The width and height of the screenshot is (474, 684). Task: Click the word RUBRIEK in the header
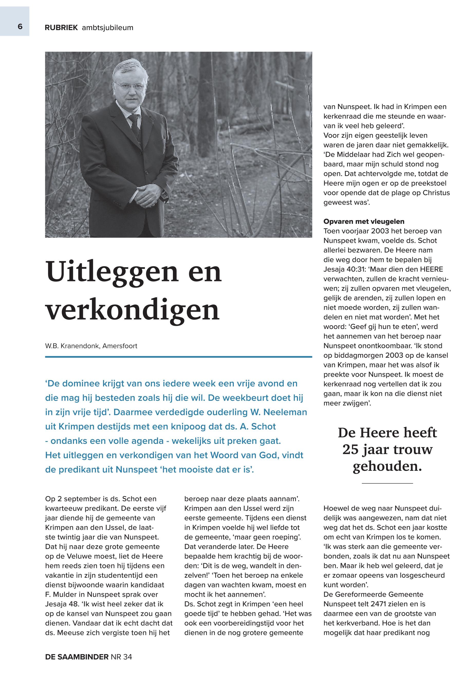61,28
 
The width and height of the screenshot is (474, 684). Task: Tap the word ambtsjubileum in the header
107,28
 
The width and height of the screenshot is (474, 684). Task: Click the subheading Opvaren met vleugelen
364,221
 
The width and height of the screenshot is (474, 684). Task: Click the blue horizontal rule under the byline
179,356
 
